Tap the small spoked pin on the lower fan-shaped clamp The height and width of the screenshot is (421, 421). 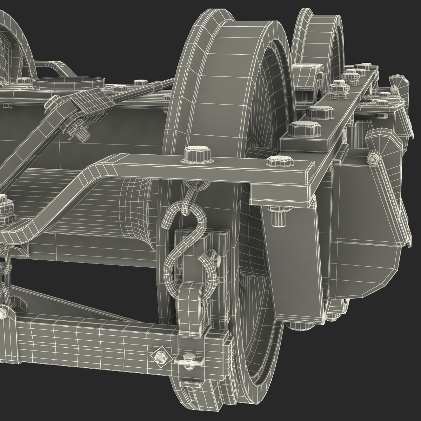(373, 159)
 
